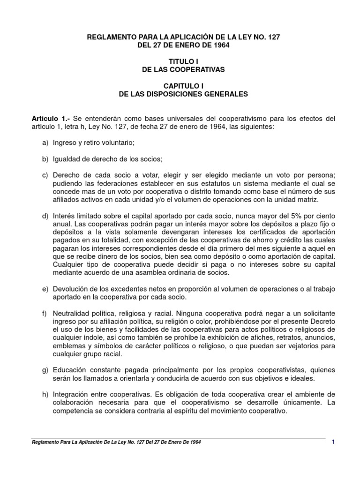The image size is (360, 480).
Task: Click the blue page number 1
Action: tap(333, 442)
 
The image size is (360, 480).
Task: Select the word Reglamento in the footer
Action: tap(45, 442)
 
